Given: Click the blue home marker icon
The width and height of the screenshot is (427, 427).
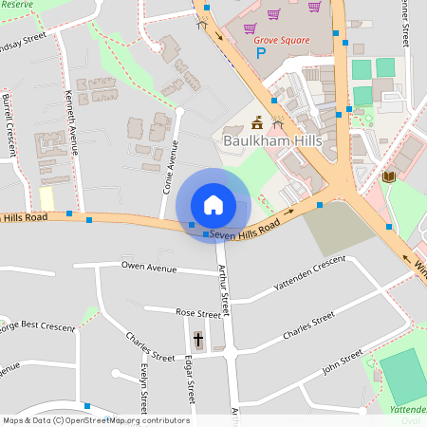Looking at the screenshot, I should click(x=213, y=205).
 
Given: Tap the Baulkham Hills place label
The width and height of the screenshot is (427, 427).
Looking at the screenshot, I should click(x=273, y=140).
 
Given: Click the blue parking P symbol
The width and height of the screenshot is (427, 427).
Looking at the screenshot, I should click(x=261, y=53).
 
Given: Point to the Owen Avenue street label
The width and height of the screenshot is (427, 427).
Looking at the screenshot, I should click(x=149, y=269).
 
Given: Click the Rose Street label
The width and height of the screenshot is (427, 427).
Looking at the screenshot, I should click(x=197, y=312).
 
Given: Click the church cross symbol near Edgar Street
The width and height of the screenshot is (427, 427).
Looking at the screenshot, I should click(x=198, y=338).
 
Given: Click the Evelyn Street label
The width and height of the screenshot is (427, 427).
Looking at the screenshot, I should click(x=144, y=384).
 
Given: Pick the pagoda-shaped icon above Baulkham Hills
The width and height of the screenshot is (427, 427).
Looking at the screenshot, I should click(x=257, y=122).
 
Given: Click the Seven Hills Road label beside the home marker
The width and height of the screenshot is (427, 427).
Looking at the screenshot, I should click(x=245, y=231).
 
